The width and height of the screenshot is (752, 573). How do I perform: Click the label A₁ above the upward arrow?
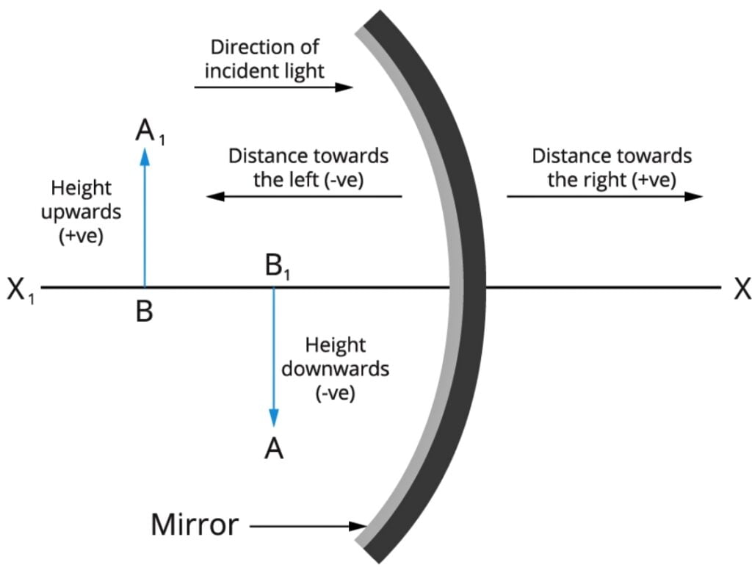[x=150, y=131]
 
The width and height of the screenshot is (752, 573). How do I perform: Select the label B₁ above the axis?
[x=278, y=267]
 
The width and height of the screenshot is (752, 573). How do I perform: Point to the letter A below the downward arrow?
[x=274, y=449]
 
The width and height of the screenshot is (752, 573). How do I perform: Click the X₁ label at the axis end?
[x=21, y=290]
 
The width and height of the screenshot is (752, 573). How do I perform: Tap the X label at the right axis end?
[x=742, y=289]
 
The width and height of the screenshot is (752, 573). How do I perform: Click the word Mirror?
[x=195, y=525]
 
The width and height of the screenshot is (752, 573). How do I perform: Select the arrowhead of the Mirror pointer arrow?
[x=358, y=527]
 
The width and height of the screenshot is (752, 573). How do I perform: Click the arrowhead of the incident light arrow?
[x=344, y=87]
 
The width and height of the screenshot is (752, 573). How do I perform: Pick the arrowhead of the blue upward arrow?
[x=145, y=156]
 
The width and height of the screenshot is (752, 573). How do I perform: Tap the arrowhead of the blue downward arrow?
[x=274, y=417]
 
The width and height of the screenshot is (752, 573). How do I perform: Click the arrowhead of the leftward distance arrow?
[x=215, y=196]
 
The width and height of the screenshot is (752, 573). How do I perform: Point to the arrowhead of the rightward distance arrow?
[x=693, y=196]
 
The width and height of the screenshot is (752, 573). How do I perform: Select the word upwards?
[x=81, y=212]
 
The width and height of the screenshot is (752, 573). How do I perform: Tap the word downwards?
[x=335, y=369]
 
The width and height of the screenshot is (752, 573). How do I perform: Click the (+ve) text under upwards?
[x=81, y=236]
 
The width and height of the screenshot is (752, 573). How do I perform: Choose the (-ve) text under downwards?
[x=335, y=393]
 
